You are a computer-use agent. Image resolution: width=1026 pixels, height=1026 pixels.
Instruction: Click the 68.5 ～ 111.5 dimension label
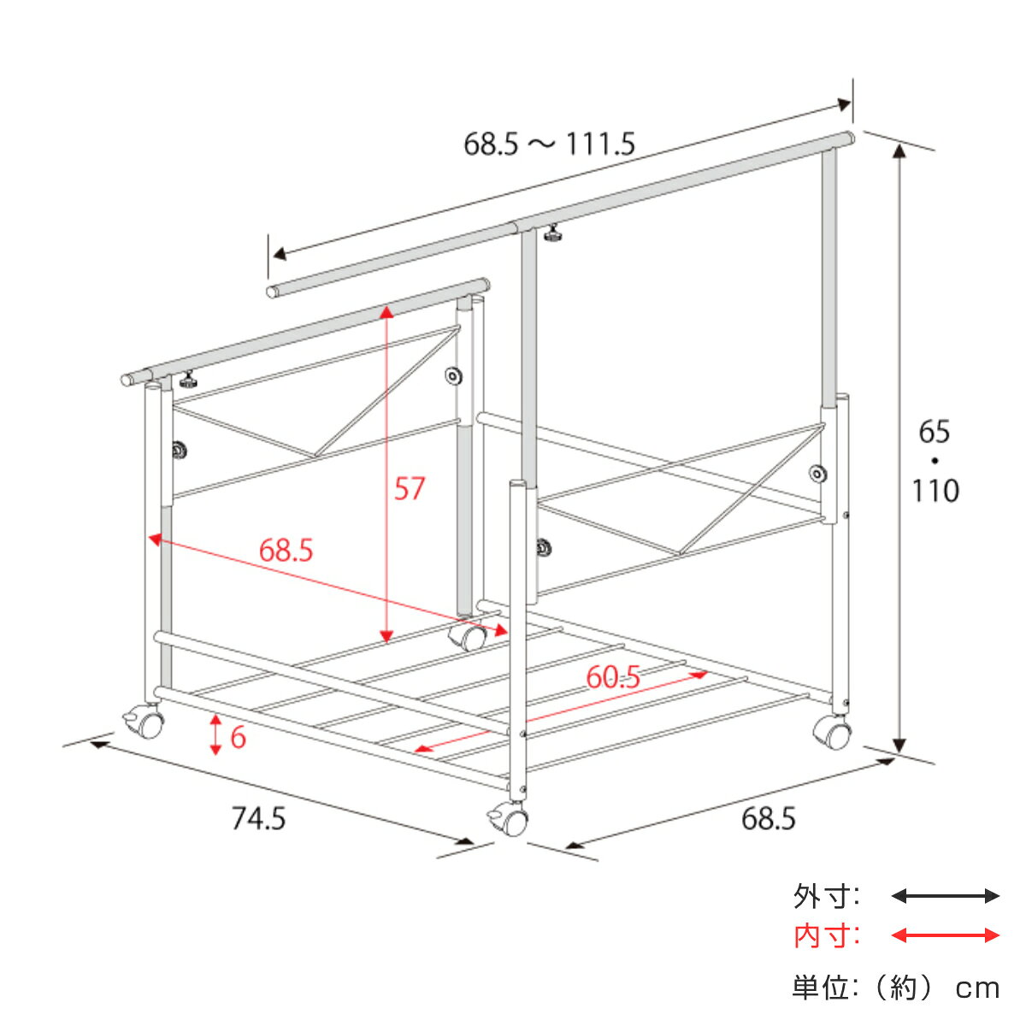coord(549,144)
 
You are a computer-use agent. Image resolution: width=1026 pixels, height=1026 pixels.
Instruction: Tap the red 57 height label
coord(409,488)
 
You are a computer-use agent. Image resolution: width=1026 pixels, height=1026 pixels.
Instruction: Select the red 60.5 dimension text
coord(613,677)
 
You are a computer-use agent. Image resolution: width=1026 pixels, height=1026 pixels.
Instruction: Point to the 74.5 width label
coord(259,818)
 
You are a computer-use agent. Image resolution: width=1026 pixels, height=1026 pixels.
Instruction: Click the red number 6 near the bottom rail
coord(238,737)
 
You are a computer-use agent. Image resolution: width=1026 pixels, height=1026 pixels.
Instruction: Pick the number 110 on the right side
coord(935,491)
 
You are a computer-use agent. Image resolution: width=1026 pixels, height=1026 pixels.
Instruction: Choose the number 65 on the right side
coord(934,431)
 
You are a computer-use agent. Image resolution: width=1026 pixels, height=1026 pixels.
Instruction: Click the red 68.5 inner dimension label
coord(286,550)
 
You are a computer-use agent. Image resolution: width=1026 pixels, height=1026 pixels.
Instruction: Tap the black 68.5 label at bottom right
coord(769,818)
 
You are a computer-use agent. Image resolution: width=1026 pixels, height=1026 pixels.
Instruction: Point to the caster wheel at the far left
coord(144,722)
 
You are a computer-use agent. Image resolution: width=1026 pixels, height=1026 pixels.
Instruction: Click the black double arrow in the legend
coord(945,896)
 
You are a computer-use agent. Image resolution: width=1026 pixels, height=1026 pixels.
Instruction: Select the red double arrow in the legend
coord(945,935)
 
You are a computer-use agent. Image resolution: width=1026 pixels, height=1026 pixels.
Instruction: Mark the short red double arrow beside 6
coord(215,734)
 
